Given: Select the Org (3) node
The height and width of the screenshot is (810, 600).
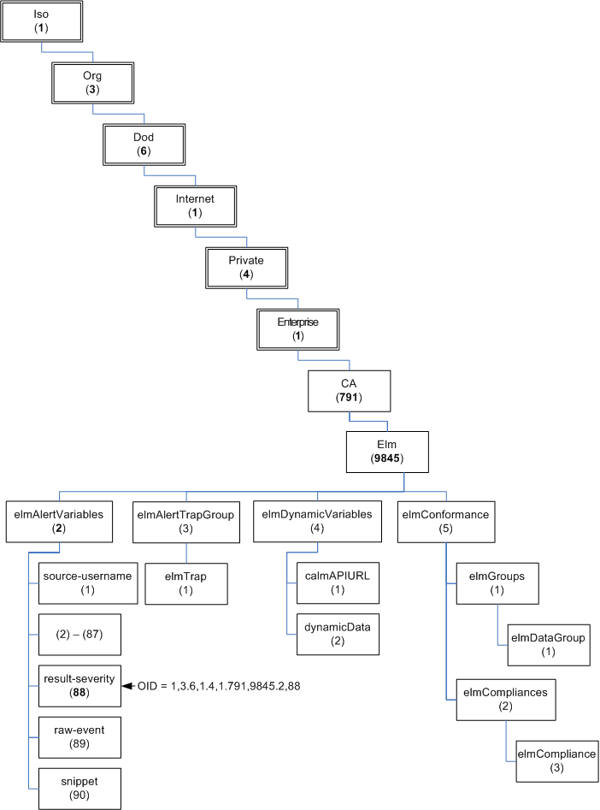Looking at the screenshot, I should [x=92, y=82].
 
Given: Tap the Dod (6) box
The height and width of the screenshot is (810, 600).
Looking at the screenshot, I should [x=144, y=144].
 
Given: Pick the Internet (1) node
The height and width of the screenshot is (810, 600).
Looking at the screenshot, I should [x=195, y=205].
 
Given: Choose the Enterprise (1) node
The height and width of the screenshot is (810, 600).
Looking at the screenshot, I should [x=297, y=328].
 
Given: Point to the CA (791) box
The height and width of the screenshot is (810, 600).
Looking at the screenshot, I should [x=349, y=391].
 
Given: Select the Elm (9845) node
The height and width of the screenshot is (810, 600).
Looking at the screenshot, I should [x=387, y=452].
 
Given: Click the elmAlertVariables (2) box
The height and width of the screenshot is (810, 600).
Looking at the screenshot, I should [x=59, y=521].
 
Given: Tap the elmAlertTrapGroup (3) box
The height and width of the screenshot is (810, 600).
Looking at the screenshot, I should [x=185, y=521].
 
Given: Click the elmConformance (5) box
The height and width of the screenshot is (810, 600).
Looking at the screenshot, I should [x=445, y=521].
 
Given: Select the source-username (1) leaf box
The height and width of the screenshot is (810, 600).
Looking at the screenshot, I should [x=87, y=582].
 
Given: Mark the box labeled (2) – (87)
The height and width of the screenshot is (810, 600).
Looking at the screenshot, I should [x=81, y=636].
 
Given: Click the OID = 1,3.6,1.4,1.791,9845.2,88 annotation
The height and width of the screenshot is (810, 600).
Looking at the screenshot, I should [x=220, y=686].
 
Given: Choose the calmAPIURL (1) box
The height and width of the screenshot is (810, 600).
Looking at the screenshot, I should [x=337, y=582].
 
